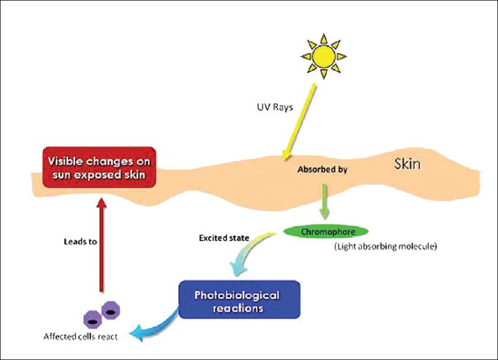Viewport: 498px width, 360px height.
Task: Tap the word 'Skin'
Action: pos(408,163)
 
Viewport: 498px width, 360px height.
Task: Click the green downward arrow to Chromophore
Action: pos(324,201)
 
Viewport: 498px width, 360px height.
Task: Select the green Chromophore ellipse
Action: pos(326,231)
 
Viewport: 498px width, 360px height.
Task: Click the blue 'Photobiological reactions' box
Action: pos(239,300)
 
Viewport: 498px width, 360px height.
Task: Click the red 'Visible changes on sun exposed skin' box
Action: pos(99,167)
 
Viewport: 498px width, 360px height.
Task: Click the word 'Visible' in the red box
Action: pos(67,161)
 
